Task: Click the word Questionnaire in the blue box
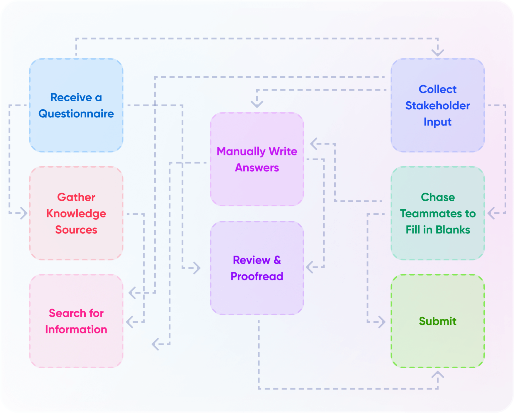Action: click(76, 114)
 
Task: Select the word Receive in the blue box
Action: click(71, 97)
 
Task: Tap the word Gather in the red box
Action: click(76, 197)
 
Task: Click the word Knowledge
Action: click(76, 214)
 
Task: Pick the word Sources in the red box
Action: click(76, 230)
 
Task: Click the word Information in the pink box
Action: click(76, 329)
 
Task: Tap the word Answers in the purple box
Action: click(257, 168)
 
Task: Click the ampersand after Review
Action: click(277, 260)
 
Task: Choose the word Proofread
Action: click(257, 276)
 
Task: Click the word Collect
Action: click(437, 89)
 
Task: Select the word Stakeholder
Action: click(437, 106)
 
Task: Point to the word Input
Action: click(437, 122)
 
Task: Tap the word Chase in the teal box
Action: click(437, 197)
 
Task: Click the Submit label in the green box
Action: click(437, 321)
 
